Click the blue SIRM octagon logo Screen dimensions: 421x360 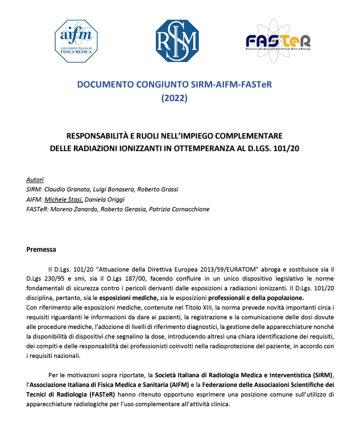[x=177, y=40]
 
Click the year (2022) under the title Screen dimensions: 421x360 [x=178, y=98]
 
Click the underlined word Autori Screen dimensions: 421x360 [x=35, y=180]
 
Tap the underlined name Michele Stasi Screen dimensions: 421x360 [x=65, y=199]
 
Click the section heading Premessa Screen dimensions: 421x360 [x=41, y=249]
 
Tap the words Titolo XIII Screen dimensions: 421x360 [x=181, y=307]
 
